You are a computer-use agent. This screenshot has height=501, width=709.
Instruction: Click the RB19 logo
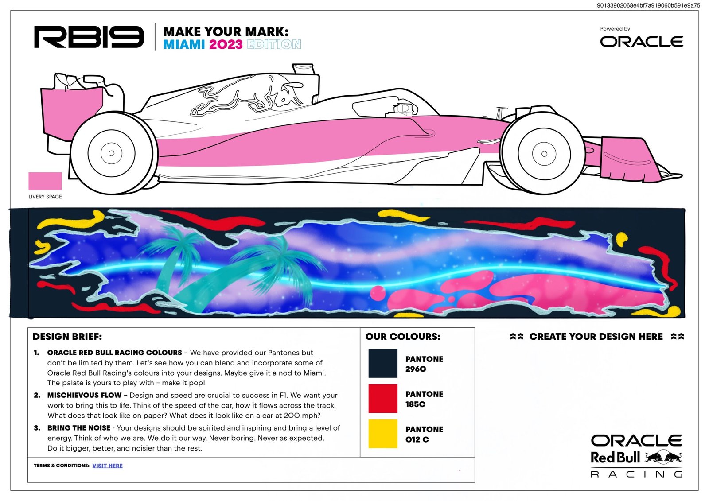(x=89, y=37)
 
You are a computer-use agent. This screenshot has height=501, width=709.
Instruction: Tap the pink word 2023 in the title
(x=226, y=44)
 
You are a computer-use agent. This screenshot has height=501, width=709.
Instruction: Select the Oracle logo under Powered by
(x=641, y=42)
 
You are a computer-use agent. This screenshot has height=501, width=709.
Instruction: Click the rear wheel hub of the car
(x=111, y=153)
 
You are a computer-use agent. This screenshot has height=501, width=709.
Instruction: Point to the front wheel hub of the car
(x=544, y=154)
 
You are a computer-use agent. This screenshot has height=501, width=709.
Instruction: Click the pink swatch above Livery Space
(x=45, y=181)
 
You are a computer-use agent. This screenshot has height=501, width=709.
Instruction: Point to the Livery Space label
(x=45, y=197)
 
